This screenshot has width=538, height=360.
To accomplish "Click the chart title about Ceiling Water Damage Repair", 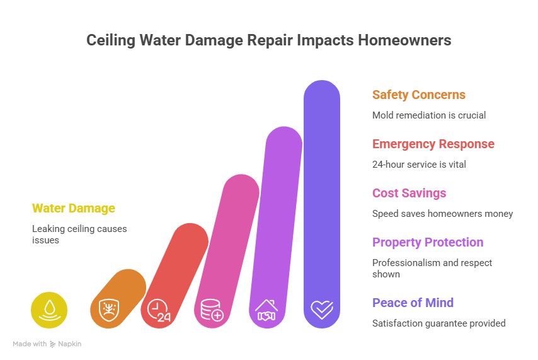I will (268, 40).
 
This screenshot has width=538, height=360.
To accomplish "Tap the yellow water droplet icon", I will (49, 310).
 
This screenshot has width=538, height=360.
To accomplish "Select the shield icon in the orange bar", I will (103, 310).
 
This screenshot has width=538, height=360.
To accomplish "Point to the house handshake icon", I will (267, 310).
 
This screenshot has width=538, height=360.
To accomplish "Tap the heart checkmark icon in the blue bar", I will (322, 310).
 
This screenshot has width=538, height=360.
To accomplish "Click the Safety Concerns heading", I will (418, 95).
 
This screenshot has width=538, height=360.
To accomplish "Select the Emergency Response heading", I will (433, 144).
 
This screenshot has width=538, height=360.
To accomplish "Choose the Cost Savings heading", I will (409, 194).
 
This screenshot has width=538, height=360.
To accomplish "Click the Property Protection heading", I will (427, 243).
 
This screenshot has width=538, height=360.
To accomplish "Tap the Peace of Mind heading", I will (413, 303).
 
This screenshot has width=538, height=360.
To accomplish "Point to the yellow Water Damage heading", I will (74, 208).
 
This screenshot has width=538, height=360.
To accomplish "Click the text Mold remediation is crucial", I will (429, 115).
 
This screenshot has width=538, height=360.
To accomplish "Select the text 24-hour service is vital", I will (418, 165).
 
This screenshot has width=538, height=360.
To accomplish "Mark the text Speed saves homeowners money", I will (442, 214).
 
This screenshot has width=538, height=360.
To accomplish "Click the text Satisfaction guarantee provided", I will (438, 323).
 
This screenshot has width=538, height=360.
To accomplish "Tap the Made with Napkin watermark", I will (47, 344).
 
